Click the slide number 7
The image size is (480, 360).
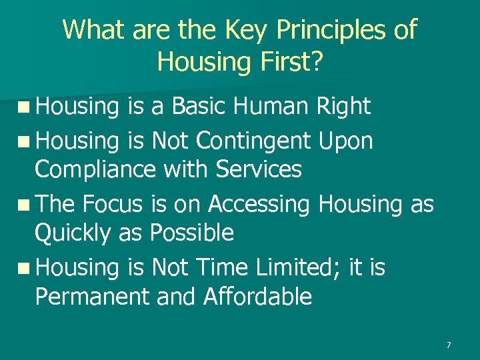coord(449,345)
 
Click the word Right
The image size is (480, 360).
coord(345,106)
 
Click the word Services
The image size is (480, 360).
coord(259,169)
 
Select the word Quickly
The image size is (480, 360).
coord(73,233)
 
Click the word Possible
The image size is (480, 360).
coord(192,233)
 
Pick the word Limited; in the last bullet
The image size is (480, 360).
coord(295,268)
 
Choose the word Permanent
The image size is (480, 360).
coord(91,297)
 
